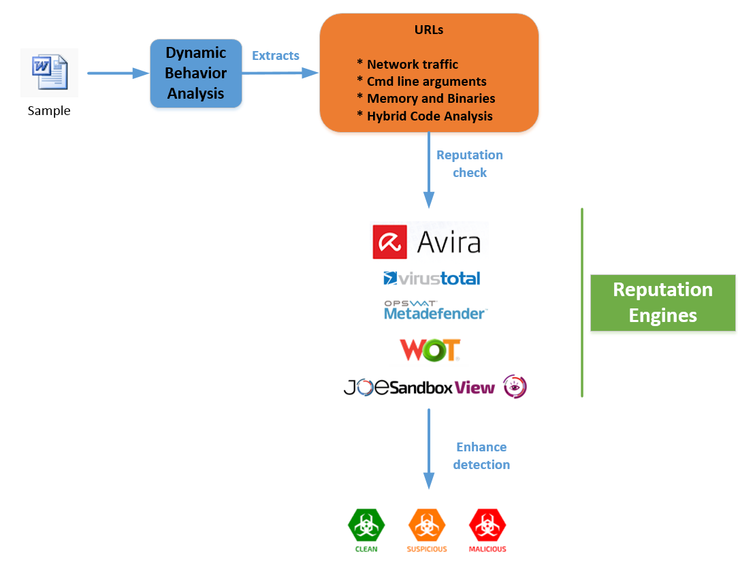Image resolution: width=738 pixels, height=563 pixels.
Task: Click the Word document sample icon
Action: tap(49, 72)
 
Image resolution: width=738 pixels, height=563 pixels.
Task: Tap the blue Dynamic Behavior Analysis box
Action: tap(196, 74)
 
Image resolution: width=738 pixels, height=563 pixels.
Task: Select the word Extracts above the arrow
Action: tap(275, 56)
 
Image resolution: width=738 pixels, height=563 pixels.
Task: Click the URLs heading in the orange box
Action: tap(429, 30)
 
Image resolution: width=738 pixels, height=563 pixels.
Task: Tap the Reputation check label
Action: tap(470, 164)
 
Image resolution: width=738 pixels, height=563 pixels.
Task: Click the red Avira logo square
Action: tap(389, 242)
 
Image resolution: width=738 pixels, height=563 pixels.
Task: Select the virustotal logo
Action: tap(432, 278)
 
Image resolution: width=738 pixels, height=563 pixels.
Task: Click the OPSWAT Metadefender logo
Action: tap(435, 310)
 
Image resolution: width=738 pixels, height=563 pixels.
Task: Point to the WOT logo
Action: tap(430, 350)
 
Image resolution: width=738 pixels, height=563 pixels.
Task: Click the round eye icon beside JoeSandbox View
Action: tap(515, 387)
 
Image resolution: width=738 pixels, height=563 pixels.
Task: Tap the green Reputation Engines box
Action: tap(662, 303)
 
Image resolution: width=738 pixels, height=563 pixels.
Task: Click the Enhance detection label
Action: tap(481, 456)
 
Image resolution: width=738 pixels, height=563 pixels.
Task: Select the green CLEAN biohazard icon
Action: tap(366, 525)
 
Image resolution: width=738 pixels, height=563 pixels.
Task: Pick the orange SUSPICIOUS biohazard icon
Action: tap(427, 525)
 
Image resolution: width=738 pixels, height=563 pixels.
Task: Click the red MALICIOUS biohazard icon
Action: tap(487, 525)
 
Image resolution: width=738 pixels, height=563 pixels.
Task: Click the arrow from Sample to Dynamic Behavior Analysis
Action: tap(118, 73)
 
